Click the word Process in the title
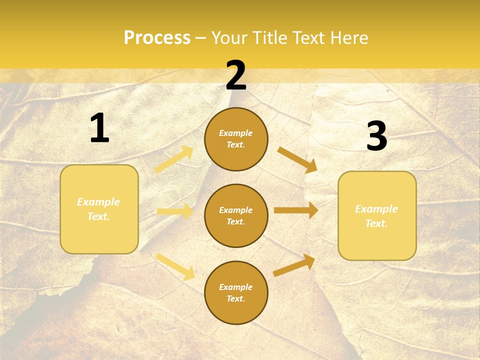[157, 37]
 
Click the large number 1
[99, 128]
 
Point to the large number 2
[236, 75]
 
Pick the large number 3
[376, 136]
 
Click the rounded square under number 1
[99, 209]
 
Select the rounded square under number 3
[377, 216]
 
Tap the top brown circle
[236, 139]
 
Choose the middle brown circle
[236, 215]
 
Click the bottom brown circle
[236, 292]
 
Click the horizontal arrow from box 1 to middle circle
[175, 211]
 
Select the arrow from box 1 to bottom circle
[175, 266]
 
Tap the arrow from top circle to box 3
[297, 159]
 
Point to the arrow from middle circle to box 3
[296, 210]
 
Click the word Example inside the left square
[98, 202]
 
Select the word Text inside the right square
[376, 223]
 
